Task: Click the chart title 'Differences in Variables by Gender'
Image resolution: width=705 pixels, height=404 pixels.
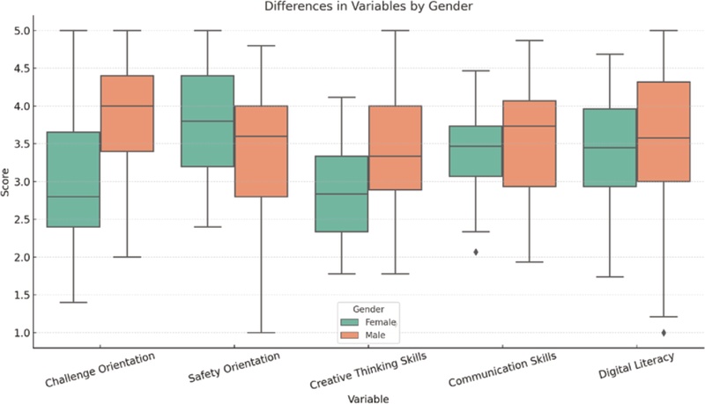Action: pyautogui.click(x=361, y=8)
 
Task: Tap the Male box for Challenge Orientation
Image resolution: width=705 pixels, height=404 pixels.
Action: pyautogui.click(x=128, y=114)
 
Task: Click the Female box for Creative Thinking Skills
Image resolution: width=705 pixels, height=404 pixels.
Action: pyautogui.click(x=342, y=194)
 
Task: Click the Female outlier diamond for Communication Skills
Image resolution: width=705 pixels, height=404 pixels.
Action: pyautogui.click(x=476, y=252)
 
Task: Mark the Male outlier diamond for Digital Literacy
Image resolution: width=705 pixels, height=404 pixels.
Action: pyautogui.click(x=664, y=333)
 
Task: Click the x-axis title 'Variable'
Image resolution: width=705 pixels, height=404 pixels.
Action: pyautogui.click(x=367, y=398)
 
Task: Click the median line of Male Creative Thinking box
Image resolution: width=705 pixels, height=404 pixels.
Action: pyautogui.click(x=396, y=156)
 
